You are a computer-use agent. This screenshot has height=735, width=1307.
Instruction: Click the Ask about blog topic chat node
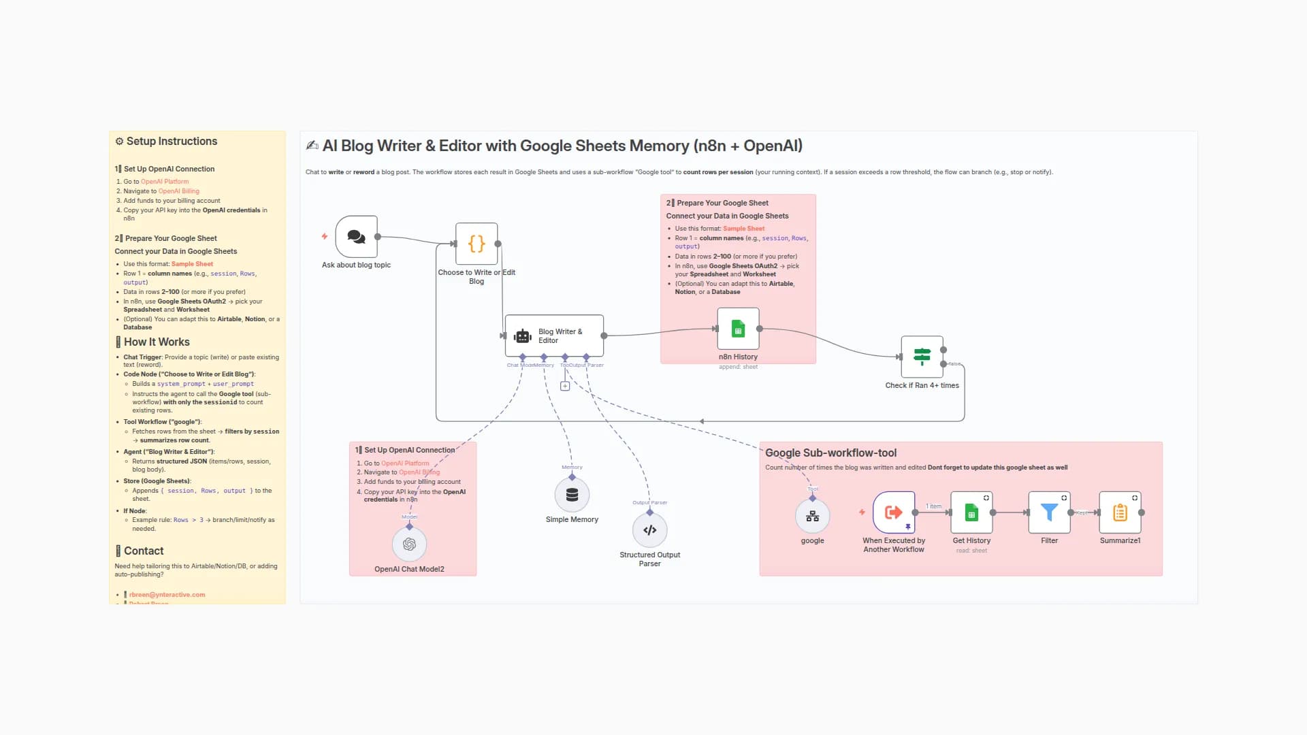point(356,237)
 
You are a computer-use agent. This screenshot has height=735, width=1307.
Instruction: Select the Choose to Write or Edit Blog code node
point(477,244)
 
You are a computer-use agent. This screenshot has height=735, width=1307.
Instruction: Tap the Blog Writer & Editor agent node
point(554,336)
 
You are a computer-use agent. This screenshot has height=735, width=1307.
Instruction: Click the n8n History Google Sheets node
point(738,329)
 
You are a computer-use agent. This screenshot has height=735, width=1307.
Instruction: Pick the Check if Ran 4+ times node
point(922,357)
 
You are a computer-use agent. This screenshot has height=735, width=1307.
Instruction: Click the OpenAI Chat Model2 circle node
point(409,544)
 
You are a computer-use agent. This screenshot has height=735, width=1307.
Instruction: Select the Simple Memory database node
point(572,495)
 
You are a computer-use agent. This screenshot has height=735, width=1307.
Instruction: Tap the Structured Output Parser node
point(649,530)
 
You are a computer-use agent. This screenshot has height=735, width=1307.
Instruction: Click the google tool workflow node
point(812,516)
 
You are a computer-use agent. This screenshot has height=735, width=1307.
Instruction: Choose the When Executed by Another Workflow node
point(894,512)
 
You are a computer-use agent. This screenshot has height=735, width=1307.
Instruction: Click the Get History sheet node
point(971,512)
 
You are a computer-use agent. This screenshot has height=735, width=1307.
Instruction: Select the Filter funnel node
point(1049,512)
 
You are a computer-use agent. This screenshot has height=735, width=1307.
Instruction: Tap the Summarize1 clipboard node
point(1120,512)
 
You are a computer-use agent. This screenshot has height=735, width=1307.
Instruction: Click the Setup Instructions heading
point(172,142)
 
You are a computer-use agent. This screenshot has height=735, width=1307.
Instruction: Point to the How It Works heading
point(157,342)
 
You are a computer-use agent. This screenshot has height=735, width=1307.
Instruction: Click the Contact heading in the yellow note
point(144,551)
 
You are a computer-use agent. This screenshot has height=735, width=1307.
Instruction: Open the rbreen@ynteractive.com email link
point(167,595)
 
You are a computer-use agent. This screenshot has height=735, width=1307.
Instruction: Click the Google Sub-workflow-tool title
point(830,453)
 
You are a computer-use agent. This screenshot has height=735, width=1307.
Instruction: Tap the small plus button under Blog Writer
point(565,387)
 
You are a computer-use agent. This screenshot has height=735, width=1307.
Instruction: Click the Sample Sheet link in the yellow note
point(192,264)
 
